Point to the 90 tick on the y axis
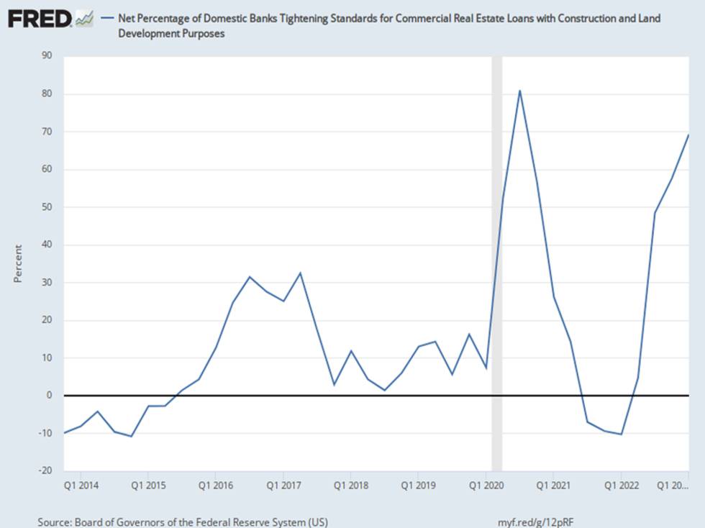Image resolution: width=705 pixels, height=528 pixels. click(47, 55)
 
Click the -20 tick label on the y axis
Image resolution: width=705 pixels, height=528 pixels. click(45, 470)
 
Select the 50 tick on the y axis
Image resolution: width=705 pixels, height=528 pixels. click(47, 207)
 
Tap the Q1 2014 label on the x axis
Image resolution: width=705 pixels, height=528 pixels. click(81, 486)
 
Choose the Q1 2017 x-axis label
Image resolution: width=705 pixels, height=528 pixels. click(283, 486)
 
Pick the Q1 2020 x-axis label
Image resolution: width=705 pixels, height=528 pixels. click(486, 486)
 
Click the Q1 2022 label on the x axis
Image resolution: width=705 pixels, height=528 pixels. click(622, 486)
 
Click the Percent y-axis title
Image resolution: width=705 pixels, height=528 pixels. click(18, 263)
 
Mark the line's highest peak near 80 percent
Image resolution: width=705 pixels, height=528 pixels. click(519, 91)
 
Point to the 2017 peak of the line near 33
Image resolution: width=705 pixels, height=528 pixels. click(301, 273)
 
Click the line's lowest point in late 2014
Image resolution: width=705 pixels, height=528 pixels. click(131, 436)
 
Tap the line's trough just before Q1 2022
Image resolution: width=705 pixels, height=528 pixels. click(622, 434)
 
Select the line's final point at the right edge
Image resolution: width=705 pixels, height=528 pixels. click(688, 135)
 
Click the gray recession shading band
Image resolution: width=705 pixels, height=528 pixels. click(497, 263)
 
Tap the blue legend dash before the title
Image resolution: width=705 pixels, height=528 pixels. click(107, 19)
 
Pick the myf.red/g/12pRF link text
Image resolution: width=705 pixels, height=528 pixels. click(535, 522)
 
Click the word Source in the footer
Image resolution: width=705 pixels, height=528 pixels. click(55, 522)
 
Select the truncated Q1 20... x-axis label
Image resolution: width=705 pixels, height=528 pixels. click(673, 486)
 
